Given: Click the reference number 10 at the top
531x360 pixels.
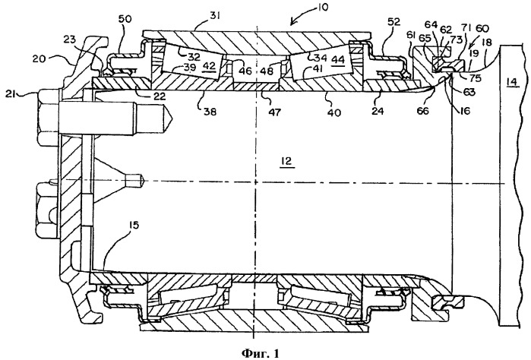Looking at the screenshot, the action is (322, 7).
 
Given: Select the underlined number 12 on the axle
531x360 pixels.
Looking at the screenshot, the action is (286, 161).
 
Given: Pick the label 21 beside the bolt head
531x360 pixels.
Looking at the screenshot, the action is (13, 94).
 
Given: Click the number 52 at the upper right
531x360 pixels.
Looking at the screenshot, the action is (394, 23).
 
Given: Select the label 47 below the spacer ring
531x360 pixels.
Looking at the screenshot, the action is (274, 112).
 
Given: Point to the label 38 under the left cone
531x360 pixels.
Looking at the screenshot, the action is (210, 112).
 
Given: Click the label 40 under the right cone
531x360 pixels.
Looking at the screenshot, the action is (334, 112).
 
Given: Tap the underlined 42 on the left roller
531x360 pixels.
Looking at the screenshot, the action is (209, 66).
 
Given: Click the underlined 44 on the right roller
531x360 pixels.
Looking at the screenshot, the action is (338, 60).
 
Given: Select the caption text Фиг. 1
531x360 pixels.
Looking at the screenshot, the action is (261, 353).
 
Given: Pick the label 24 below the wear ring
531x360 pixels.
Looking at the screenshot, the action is (378, 111).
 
